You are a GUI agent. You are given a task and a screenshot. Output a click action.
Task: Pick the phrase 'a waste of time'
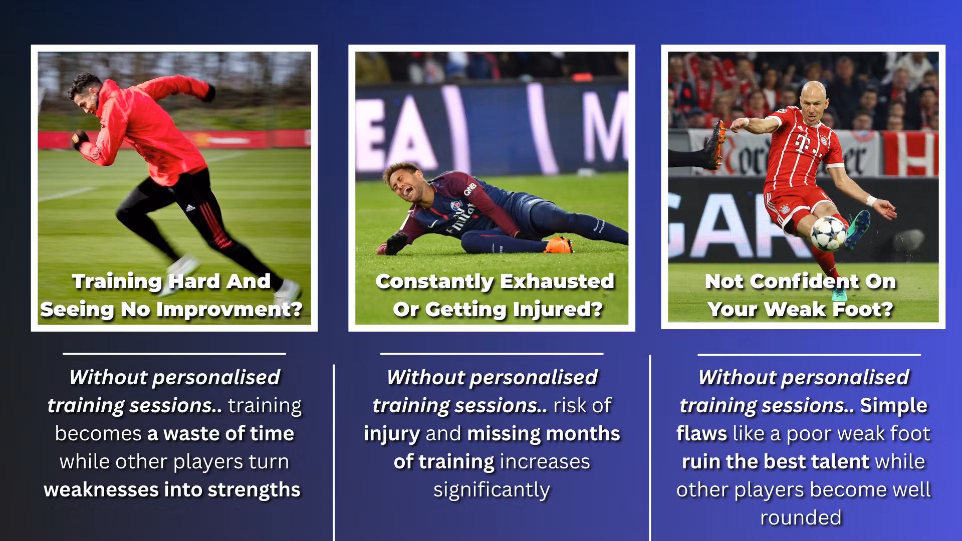220,434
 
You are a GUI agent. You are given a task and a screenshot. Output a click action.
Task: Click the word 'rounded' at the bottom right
801,518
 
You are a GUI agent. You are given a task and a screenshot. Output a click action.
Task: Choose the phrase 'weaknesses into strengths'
172,490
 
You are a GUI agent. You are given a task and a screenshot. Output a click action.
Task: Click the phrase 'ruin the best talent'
775,462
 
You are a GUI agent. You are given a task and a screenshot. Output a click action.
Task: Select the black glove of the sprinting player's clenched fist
80,138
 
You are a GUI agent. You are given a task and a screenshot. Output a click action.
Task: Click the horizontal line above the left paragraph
174,354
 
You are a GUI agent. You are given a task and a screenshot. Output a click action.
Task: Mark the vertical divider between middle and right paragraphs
650,448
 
